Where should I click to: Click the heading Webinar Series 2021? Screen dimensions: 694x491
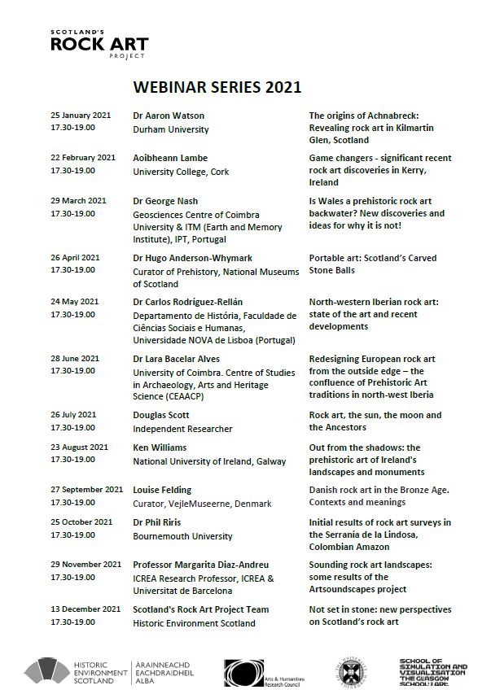217,87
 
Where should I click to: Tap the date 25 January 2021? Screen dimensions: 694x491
81,116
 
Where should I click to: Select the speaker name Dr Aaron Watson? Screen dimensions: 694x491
169,116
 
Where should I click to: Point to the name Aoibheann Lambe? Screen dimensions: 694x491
170,158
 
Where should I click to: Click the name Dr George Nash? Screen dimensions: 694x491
165,201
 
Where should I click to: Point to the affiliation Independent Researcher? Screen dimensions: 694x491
182,429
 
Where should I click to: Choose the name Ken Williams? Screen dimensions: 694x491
160,447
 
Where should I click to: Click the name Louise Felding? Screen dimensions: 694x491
162,490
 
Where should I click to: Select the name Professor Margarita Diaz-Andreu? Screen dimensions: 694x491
200,565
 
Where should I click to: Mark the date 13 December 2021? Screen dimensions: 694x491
85,609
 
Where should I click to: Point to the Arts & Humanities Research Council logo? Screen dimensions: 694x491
265,672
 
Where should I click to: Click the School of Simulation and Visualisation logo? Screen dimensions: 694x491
433,672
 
